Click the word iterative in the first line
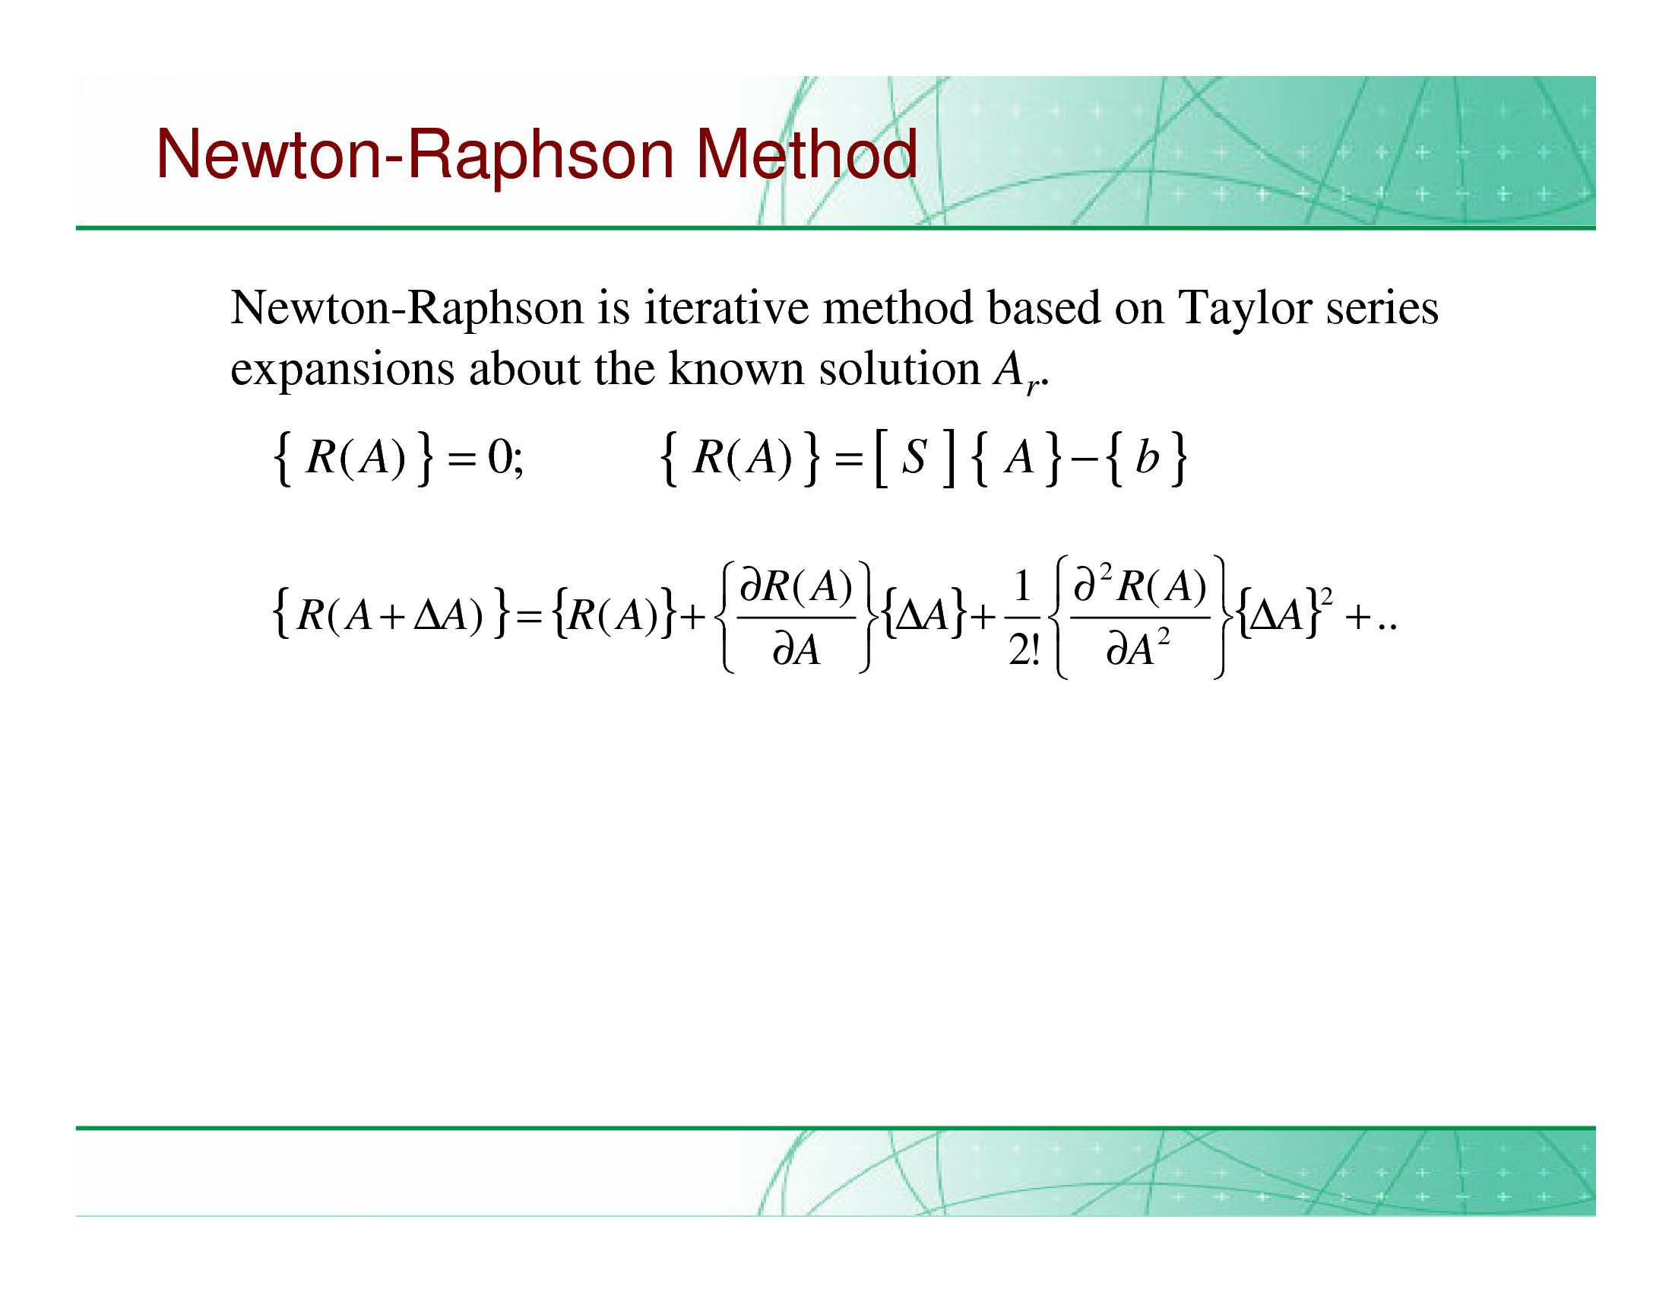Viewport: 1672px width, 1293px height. [726, 307]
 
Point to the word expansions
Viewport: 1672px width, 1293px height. [342, 370]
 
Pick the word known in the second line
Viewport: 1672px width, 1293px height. [736, 367]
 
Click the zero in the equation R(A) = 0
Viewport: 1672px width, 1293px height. [501, 457]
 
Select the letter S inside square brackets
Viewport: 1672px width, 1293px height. [914, 457]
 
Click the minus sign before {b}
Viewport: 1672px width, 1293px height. [1083, 460]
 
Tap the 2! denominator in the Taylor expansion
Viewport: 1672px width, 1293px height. [1024, 650]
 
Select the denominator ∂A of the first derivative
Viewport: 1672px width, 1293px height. [796, 650]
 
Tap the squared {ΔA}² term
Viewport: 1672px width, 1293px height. [1284, 612]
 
